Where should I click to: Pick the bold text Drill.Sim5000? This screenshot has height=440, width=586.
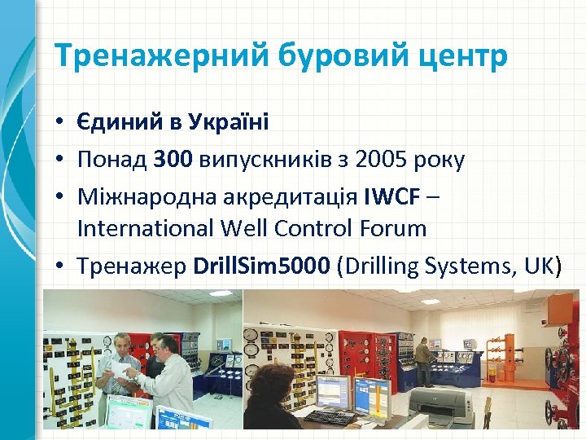(260, 265)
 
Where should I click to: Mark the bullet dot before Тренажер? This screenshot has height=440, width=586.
(61, 266)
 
